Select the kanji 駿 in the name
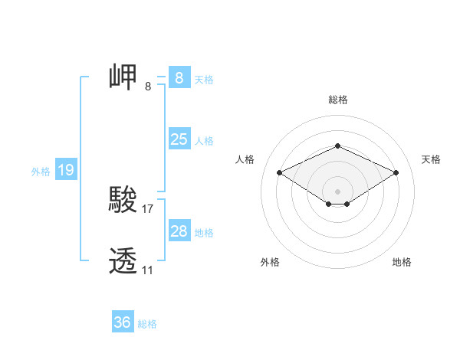pos(123,201)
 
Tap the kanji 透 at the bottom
pos(123,262)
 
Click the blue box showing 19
pos(66,170)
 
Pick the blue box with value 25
pos(179,139)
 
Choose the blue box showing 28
pos(179,231)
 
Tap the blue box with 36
pos(122,322)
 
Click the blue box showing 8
pos(179,77)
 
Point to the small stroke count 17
pos(148,208)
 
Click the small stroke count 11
pos(147,270)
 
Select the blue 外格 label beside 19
pos(41,172)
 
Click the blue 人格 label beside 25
pos(204,141)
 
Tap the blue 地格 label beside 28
pos(204,233)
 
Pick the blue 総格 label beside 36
pos(147,324)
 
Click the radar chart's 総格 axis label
pos(337,100)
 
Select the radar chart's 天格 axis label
pos(432,159)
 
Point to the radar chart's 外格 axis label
pos(270,262)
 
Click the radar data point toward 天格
pos(396,172)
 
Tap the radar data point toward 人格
pos(279,172)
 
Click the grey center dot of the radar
pos(337,191)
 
